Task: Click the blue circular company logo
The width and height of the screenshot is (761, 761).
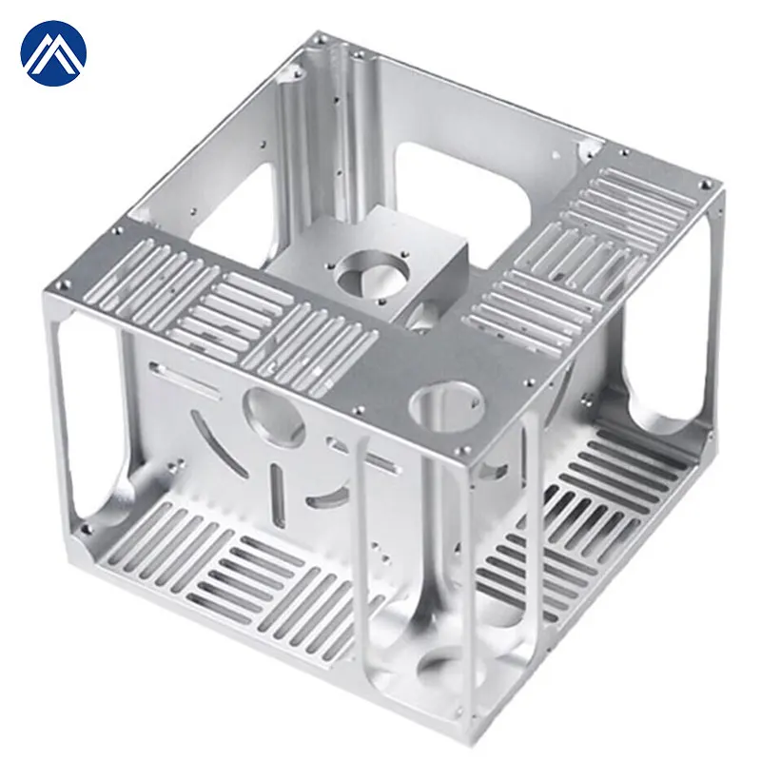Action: (53, 53)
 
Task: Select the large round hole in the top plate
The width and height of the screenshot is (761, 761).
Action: (446, 404)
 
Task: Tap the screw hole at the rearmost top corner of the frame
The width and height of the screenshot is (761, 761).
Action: (321, 40)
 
